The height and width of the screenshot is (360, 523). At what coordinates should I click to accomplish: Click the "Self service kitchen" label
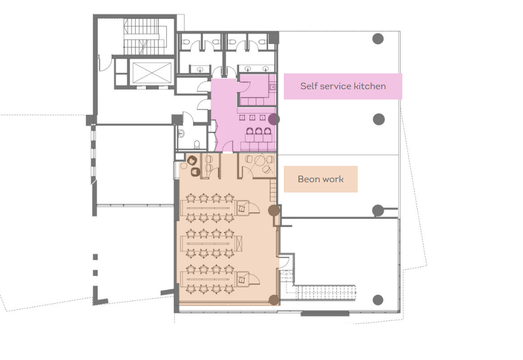[x=343, y=86]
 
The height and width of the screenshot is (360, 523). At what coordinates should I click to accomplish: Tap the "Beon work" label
[x=321, y=179]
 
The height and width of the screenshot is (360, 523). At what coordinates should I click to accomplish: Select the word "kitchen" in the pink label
[x=370, y=86]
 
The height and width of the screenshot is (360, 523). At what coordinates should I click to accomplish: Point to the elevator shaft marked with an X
[x=152, y=73]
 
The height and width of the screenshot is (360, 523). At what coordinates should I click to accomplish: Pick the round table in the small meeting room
[x=259, y=162]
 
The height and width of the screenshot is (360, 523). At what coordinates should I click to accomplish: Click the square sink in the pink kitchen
[x=272, y=88]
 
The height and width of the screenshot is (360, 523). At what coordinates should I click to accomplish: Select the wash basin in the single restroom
[x=181, y=134]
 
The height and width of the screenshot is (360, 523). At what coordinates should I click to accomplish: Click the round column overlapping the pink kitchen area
[x=274, y=119]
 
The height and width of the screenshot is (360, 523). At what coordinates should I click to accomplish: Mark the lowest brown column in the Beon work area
[x=274, y=300]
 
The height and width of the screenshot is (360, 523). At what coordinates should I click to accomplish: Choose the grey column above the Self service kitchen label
[x=378, y=39]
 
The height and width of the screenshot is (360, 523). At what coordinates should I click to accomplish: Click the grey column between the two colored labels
[x=378, y=119]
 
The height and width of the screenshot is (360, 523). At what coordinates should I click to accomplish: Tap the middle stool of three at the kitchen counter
[x=252, y=117]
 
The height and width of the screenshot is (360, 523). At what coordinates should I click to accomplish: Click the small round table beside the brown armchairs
[x=183, y=165]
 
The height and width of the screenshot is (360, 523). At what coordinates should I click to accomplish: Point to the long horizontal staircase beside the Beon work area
[x=326, y=293]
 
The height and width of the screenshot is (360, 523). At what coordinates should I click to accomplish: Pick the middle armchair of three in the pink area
[x=258, y=131]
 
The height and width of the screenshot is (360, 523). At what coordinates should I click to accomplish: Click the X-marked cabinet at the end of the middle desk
[x=239, y=243]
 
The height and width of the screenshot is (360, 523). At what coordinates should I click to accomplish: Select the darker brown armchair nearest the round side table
[x=195, y=172]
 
